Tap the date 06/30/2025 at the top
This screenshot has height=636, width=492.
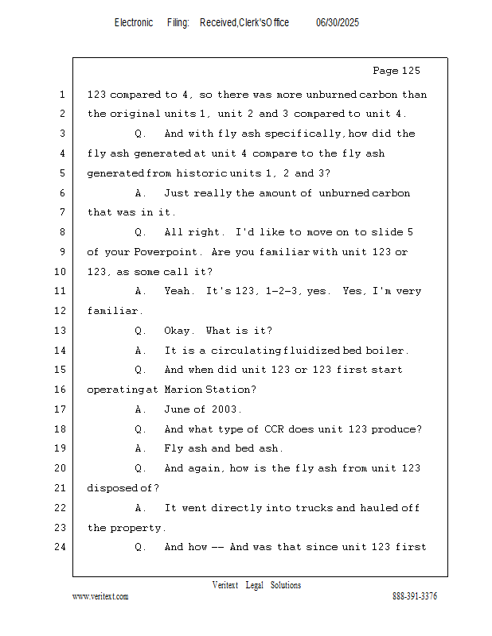(338, 23)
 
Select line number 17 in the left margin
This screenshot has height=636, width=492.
(61, 409)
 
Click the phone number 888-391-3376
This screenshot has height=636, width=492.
(415, 596)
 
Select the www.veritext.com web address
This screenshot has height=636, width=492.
(100, 596)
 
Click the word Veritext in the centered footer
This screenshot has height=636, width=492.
(225, 585)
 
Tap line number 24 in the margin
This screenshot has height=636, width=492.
(61, 547)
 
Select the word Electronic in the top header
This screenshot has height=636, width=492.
(134, 23)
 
